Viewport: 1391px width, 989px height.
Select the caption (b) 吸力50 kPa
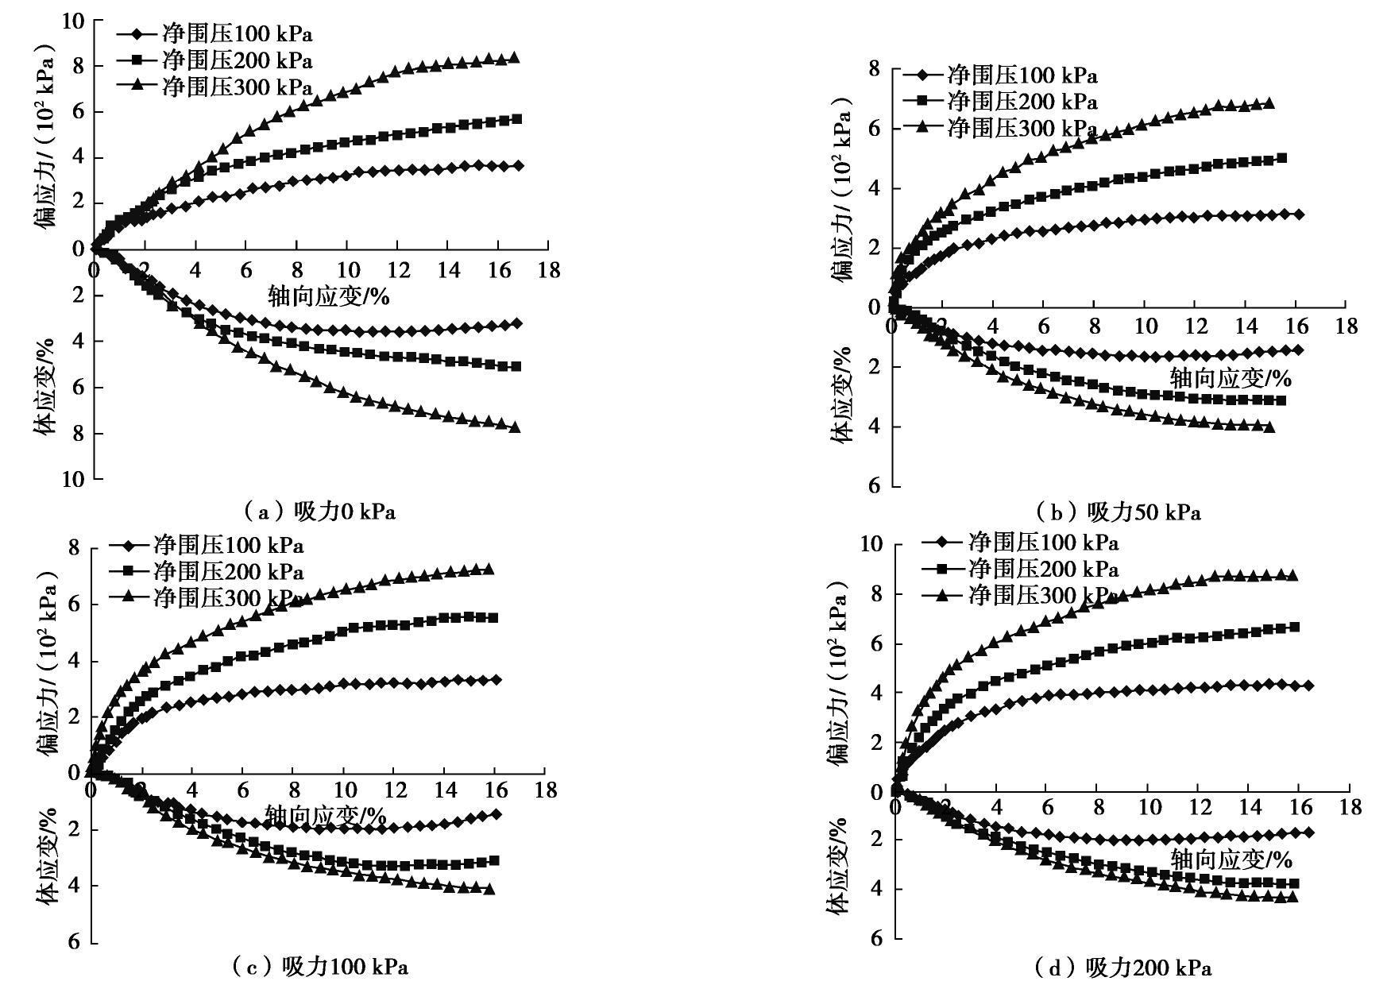click(x=1119, y=512)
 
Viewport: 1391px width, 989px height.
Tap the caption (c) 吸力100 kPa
click(x=321, y=967)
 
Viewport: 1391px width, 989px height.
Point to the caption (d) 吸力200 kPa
click(x=1123, y=968)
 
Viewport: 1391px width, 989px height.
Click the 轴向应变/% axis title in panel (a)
click(x=329, y=296)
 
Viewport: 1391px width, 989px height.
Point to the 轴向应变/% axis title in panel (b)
click(x=1231, y=377)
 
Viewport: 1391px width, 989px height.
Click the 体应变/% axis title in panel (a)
click(x=45, y=387)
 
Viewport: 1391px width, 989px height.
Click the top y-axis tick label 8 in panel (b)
click(x=874, y=69)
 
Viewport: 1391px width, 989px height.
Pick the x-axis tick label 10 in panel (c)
click(x=343, y=790)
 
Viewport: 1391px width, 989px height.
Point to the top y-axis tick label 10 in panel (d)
click(x=871, y=544)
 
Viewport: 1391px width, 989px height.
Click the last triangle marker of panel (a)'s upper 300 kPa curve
click(x=514, y=57)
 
